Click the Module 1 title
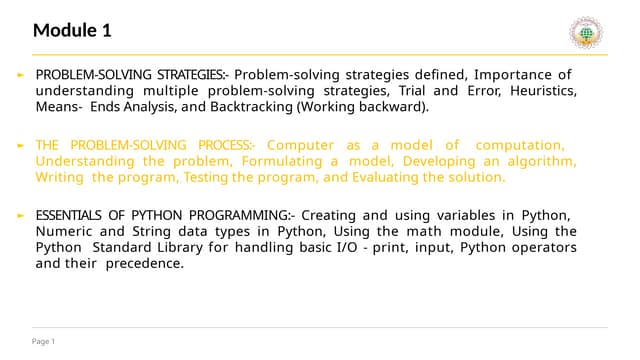71,30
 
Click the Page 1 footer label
44,342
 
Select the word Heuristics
542,91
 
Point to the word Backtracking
203,107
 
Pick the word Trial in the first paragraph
402,91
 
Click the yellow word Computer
300,145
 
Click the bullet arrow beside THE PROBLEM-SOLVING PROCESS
21,146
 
